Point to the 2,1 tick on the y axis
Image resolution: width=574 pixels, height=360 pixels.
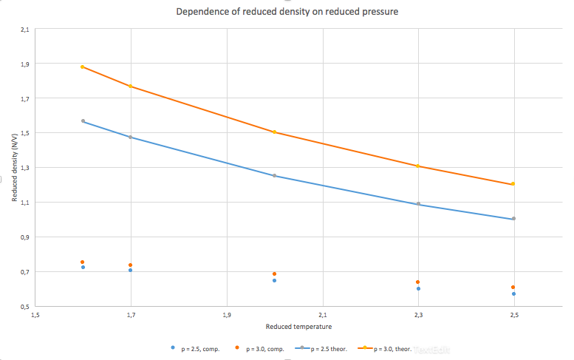[x=25, y=30]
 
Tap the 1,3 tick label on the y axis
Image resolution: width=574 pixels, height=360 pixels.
[x=25, y=168]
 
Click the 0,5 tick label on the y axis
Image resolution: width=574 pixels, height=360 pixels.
[x=25, y=306]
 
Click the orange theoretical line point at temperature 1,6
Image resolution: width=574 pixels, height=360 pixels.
[x=83, y=67]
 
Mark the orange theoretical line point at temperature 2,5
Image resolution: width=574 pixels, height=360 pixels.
[x=513, y=184]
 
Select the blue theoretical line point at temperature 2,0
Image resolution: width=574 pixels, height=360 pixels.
[x=274, y=176]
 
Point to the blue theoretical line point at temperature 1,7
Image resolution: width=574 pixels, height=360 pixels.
[x=131, y=137]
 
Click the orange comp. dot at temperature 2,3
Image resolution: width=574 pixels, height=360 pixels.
[x=418, y=282]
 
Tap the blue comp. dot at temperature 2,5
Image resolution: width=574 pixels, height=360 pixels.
[x=513, y=293]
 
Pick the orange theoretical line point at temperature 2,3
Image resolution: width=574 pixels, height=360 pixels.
[x=418, y=166]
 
